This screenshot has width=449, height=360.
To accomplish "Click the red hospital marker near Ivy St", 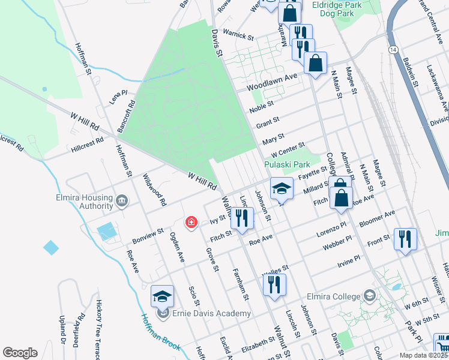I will point(191,223).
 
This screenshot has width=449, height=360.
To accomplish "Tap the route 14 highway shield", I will point(393,48).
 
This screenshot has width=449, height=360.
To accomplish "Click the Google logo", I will point(20,352).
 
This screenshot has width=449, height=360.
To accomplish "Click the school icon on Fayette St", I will point(281,188).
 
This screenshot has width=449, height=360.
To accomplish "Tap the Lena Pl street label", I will point(118,97).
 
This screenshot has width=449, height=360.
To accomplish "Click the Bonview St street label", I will point(148,236).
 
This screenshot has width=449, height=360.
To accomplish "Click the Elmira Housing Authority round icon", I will point(122,201).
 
